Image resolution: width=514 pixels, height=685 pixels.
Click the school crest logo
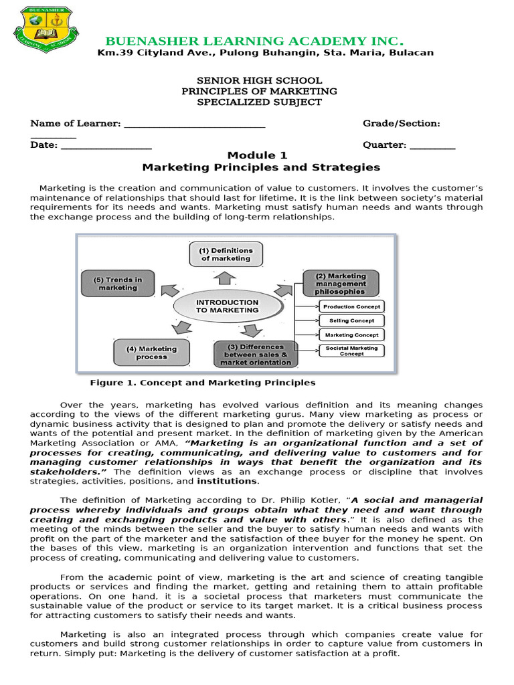click(46, 31)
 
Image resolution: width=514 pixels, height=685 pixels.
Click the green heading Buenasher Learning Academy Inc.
click(255, 41)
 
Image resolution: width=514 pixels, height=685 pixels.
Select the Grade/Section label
click(401, 124)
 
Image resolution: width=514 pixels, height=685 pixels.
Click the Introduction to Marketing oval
click(227, 306)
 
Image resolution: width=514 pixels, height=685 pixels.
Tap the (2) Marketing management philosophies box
click(341, 283)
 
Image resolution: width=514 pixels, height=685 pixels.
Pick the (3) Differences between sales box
click(255, 355)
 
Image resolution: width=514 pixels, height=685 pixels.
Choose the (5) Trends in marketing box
click(118, 284)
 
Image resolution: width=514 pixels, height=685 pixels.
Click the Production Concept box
click(351, 306)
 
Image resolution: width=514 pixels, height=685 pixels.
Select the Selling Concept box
click(351, 320)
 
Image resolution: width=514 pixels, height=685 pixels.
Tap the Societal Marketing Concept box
click(351, 351)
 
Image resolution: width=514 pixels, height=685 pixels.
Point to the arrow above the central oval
click(226, 276)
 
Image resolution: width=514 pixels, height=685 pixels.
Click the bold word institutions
click(236, 481)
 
